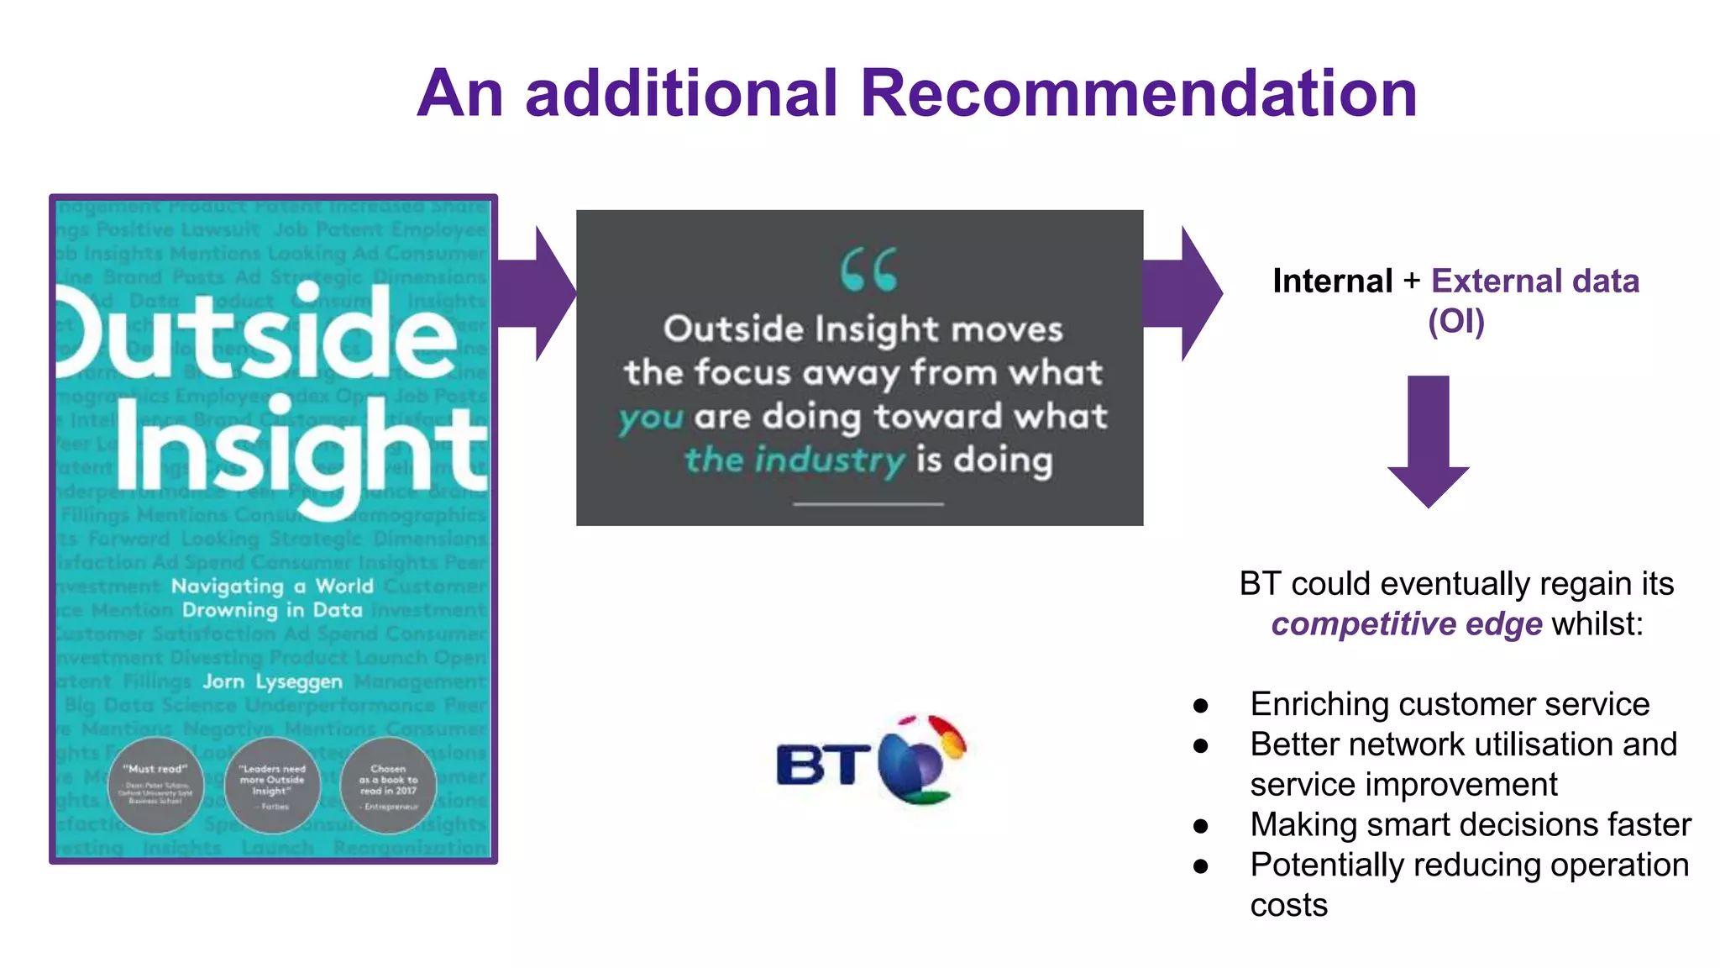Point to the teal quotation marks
point(868,270)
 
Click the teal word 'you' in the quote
point(651,418)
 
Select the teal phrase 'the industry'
point(794,460)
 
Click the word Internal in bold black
point(1332,281)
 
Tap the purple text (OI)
point(1456,321)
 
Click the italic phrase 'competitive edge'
point(1406,624)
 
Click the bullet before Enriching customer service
point(1201,705)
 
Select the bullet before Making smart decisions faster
point(1201,826)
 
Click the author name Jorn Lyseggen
point(272,681)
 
